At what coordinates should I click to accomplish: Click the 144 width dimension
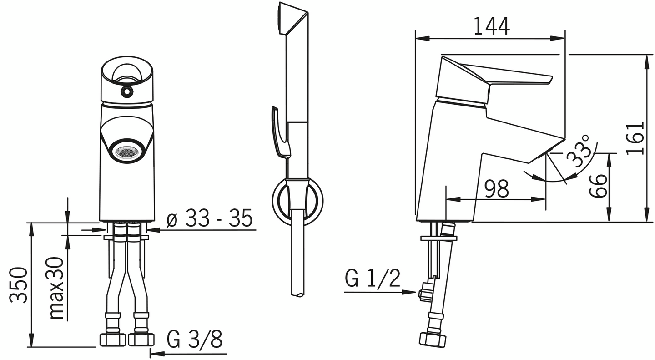[491, 26]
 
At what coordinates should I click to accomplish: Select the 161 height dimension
[635, 138]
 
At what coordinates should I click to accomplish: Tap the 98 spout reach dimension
[496, 189]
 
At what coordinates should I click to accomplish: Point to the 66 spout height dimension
[599, 186]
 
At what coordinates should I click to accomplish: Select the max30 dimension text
[56, 288]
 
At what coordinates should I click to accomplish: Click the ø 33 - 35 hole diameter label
[209, 220]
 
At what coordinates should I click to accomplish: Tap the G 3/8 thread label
[194, 339]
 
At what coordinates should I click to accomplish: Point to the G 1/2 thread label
[372, 279]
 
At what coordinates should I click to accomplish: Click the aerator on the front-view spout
[127, 152]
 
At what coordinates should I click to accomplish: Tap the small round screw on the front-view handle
[126, 92]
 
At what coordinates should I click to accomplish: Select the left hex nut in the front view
[112, 339]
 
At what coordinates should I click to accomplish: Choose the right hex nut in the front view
[141, 339]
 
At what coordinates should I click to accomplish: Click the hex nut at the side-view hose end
[433, 339]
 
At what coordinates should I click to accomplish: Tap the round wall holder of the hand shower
[298, 200]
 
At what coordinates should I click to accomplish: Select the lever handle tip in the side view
[546, 80]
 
